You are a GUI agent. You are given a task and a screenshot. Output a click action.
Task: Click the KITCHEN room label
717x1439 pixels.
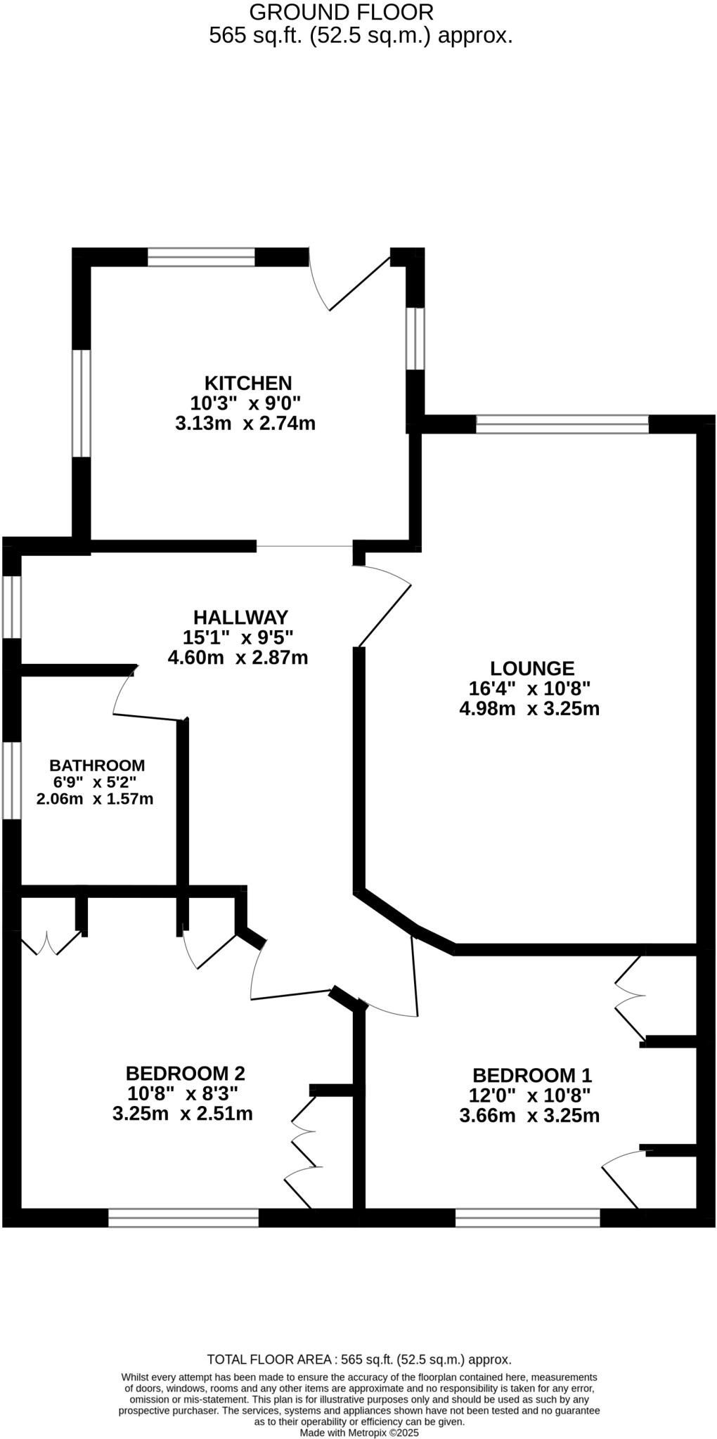pyautogui.click(x=247, y=383)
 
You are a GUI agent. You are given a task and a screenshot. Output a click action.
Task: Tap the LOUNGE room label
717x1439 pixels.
pyautogui.click(x=532, y=668)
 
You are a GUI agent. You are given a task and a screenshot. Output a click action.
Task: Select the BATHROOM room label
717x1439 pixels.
pyautogui.click(x=97, y=765)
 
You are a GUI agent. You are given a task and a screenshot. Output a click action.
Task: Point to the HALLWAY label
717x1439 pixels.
pyautogui.click(x=240, y=617)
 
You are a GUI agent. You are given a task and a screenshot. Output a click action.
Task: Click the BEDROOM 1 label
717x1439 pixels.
pyautogui.click(x=532, y=1075)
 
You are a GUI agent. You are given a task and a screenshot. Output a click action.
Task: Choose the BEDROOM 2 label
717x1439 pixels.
pyautogui.click(x=185, y=1073)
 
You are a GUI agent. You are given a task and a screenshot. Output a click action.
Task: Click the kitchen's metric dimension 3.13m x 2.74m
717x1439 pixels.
pyautogui.click(x=245, y=424)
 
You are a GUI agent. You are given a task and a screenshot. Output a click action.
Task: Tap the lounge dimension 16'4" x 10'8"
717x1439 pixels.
pyautogui.click(x=529, y=688)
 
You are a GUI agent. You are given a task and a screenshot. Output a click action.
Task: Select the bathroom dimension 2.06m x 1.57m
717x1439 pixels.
pyautogui.click(x=95, y=799)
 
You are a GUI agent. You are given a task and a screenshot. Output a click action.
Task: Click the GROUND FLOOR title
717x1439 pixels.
pyautogui.click(x=341, y=12)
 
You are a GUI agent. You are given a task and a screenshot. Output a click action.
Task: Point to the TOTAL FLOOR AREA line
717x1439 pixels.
pyautogui.click(x=359, y=1360)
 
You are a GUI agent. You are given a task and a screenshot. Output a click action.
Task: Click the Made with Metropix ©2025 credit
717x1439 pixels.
pyautogui.click(x=359, y=1433)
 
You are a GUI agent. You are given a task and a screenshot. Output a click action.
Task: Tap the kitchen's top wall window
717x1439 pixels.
pyautogui.click(x=201, y=257)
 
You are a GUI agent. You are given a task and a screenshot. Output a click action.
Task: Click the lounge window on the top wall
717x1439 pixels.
pyautogui.click(x=562, y=424)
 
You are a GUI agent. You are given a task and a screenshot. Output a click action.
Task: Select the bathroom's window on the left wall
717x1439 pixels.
pyautogui.click(x=11, y=780)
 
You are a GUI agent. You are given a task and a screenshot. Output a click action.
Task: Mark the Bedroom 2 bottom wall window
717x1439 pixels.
pyautogui.click(x=183, y=1218)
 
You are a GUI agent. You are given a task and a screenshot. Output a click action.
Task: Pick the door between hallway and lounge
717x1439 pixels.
pyautogui.click(x=383, y=604)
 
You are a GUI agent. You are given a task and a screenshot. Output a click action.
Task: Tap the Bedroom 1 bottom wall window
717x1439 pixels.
pyautogui.click(x=527, y=1218)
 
